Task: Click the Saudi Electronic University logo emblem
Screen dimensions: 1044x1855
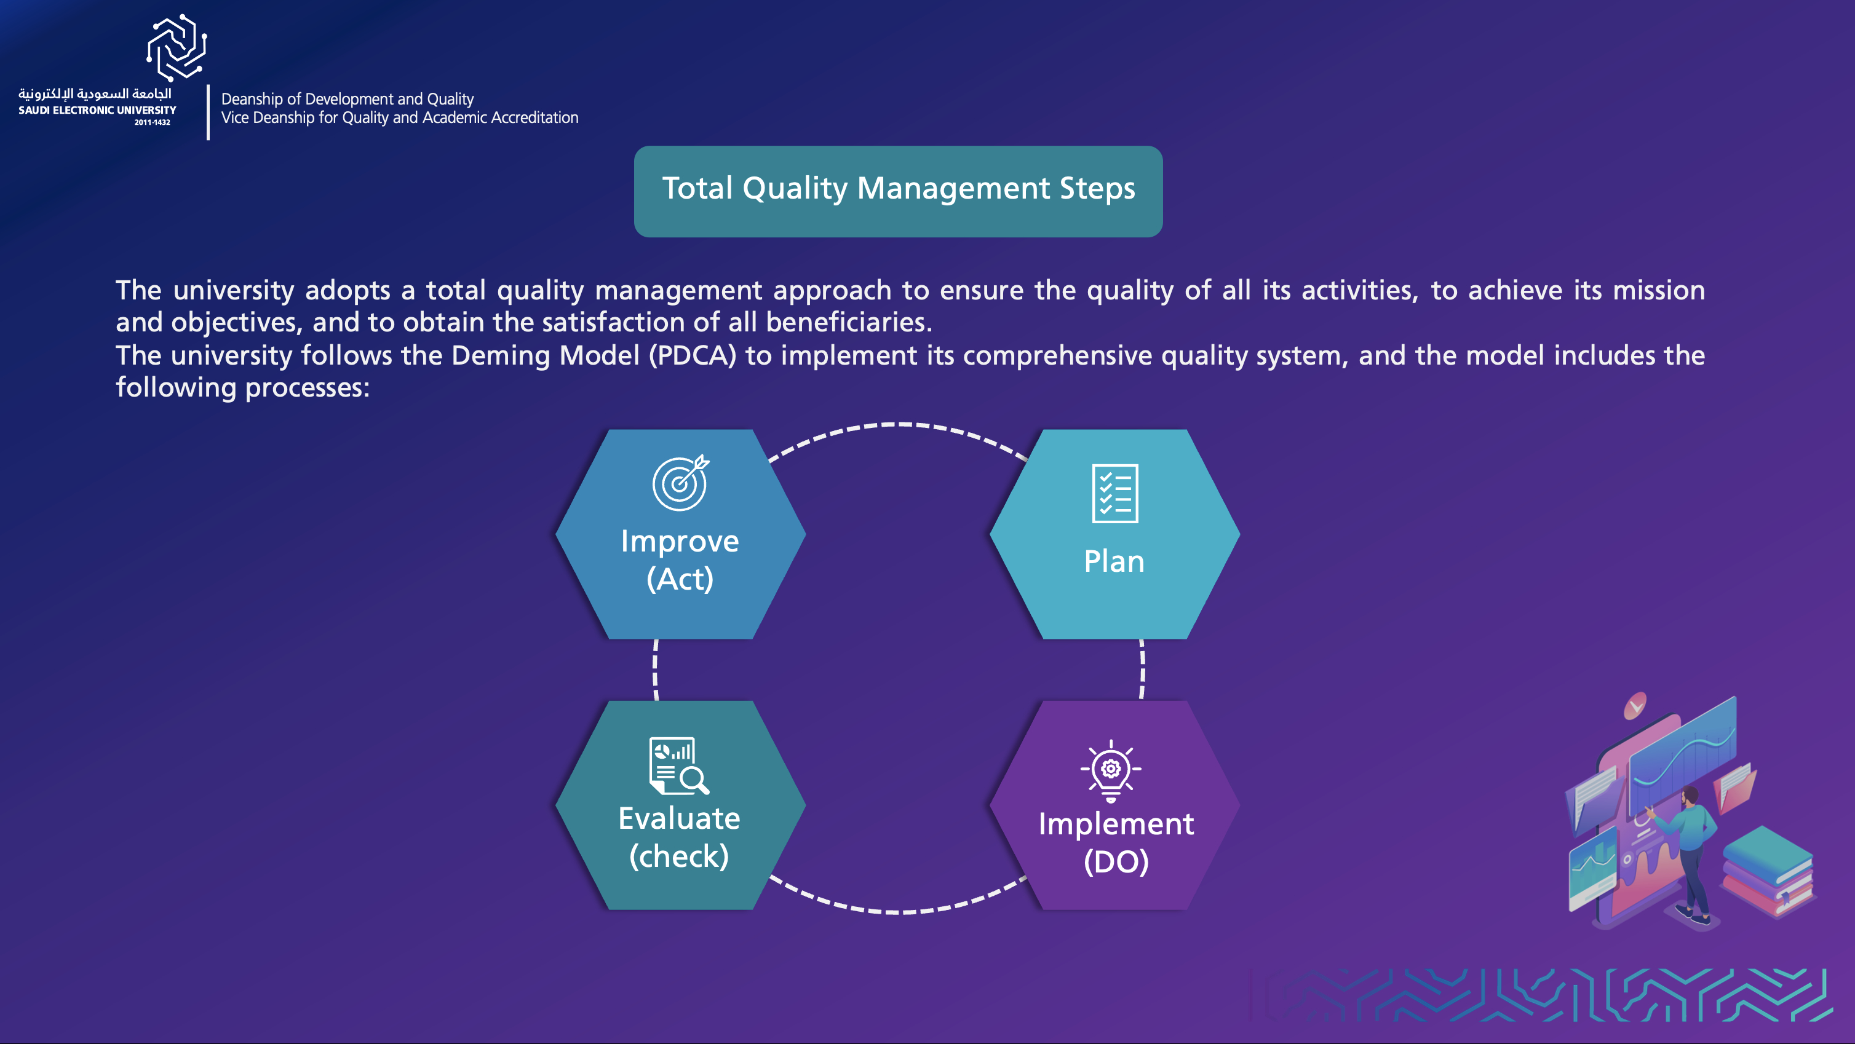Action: coord(177,47)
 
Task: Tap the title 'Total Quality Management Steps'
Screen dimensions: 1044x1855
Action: coord(898,189)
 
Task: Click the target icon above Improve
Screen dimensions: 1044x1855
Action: coord(680,483)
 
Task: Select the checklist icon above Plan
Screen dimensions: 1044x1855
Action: coord(1114,493)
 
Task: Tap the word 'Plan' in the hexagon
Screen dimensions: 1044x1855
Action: coord(1114,561)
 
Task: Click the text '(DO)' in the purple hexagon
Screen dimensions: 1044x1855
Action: coord(1116,862)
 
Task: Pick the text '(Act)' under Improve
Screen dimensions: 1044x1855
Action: coord(680,579)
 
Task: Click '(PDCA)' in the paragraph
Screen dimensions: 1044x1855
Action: coord(692,355)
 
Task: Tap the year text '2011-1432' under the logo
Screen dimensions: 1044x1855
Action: coord(152,122)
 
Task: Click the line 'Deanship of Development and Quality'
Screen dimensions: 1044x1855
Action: coord(347,100)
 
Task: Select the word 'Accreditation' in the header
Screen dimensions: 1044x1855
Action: coord(534,118)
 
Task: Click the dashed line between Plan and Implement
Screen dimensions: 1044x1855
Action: coord(1142,670)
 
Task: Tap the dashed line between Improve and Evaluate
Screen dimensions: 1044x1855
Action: coord(655,670)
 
